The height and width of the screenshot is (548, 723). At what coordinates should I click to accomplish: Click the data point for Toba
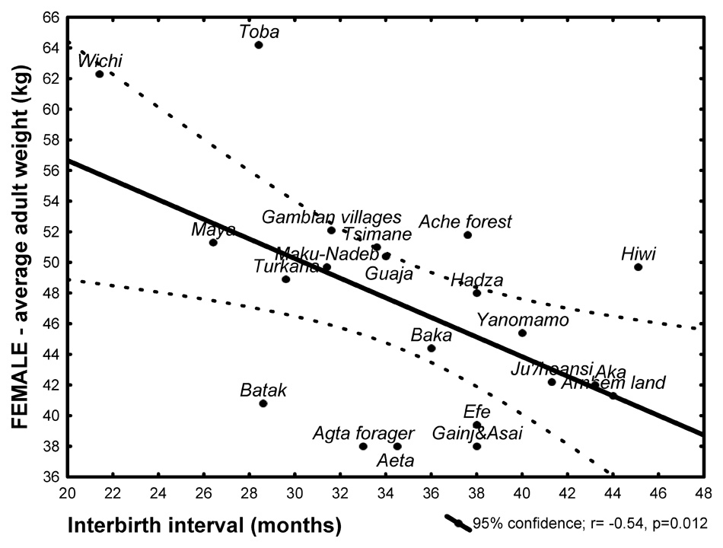point(259,45)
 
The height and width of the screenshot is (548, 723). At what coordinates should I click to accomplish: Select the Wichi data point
point(100,74)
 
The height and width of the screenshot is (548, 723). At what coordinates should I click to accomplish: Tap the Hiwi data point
point(638,267)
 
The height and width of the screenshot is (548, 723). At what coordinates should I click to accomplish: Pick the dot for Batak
point(263,403)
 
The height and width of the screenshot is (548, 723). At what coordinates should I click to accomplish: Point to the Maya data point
point(213,242)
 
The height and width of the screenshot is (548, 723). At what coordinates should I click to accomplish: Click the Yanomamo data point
point(522,333)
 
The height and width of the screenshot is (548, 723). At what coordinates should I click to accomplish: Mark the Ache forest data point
point(467,234)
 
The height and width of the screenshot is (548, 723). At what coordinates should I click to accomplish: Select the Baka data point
point(432,348)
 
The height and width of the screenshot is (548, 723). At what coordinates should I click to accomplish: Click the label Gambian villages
point(331,217)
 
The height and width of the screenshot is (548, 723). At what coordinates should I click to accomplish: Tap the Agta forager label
point(364,434)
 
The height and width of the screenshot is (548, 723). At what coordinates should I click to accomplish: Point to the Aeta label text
point(396,460)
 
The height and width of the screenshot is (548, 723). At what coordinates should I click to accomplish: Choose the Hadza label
point(476,280)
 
